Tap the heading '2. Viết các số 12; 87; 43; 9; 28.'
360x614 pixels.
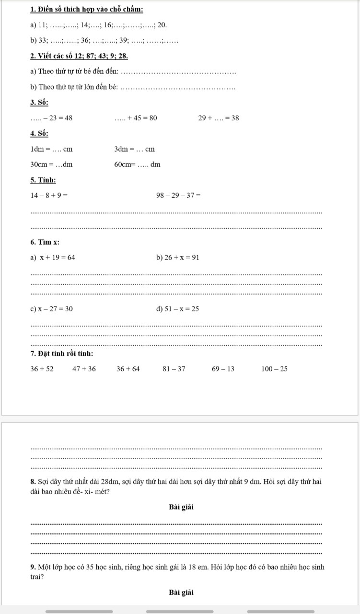[79, 57]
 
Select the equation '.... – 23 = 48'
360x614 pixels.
[51, 118]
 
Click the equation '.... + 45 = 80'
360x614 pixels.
[136, 118]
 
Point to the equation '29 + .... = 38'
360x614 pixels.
[219, 118]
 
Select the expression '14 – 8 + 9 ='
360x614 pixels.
[49, 195]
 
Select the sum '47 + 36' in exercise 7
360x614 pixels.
[84, 369]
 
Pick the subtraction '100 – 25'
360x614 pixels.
[275, 369]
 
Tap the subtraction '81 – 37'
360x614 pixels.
[174, 369]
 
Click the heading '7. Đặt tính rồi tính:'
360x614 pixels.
[61, 354]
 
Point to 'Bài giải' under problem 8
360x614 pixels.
[181, 507]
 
